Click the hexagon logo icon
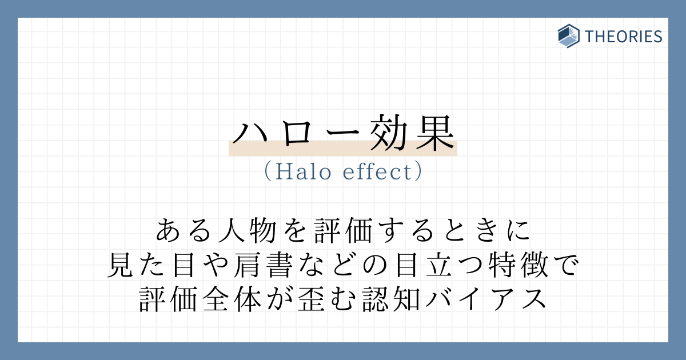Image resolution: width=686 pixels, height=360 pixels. (x=568, y=36)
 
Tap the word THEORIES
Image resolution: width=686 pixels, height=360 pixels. (x=623, y=37)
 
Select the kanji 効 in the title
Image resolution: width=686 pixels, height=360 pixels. (x=388, y=133)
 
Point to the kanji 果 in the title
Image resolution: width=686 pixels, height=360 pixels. (x=435, y=133)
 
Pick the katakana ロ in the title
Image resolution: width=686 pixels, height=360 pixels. (x=296, y=134)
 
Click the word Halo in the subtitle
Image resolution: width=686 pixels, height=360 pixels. (x=303, y=172)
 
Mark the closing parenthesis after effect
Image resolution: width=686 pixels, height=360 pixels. (x=418, y=172)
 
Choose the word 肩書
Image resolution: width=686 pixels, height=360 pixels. (x=263, y=265)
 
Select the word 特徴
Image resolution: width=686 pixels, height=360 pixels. (x=519, y=265)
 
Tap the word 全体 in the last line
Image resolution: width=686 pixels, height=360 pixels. (x=232, y=299)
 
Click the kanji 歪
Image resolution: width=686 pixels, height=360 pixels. (x=311, y=299)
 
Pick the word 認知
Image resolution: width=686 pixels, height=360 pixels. (x=391, y=299)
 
